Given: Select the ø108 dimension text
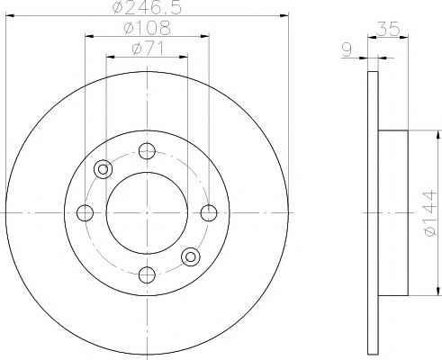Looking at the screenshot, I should pyautogui.click(x=148, y=29).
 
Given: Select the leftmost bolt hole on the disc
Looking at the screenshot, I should pyautogui.click(x=86, y=213).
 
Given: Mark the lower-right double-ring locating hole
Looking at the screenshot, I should pyautogui.click(x=191, y=257).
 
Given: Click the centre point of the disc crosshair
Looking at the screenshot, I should pyautogui.click(x=148, y=213).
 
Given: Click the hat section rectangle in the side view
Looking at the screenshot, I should pyautogui.click(x=392, y=213).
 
